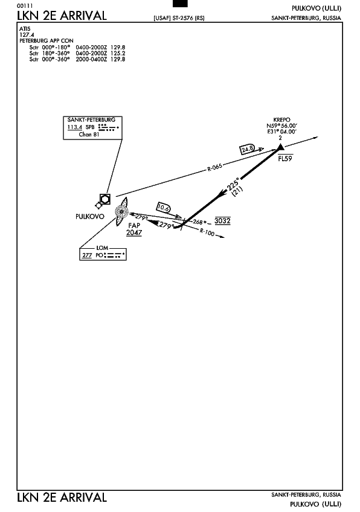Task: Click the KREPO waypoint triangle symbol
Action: click(x=280, y=147)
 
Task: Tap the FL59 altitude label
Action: click(x=285, y=159)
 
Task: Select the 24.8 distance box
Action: click(x=247, y=149)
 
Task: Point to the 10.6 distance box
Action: click(x=163, y=208)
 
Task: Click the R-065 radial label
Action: click(x=214, y=167)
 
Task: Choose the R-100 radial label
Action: click(x=207, y=232)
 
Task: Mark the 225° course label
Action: click(x=233, y=184)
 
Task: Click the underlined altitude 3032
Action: click(x=222, y=221)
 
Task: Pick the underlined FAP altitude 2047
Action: click(x=134, y=232)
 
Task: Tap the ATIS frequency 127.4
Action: click(x=27, y=34)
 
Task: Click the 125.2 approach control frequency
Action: click(x=118, y=53)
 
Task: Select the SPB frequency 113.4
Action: click(x=74, y=127)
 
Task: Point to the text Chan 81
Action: click(x=89, y=135)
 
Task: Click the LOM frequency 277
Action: click(x=87, y=255)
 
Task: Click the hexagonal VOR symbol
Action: click(x=105, y=199)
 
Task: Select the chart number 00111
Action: click(x=25, y=6)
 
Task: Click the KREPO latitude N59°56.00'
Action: click(x=281, y=126)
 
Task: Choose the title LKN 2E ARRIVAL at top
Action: click(x=62, y=16)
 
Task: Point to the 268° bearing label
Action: click(x=199, y=222)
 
